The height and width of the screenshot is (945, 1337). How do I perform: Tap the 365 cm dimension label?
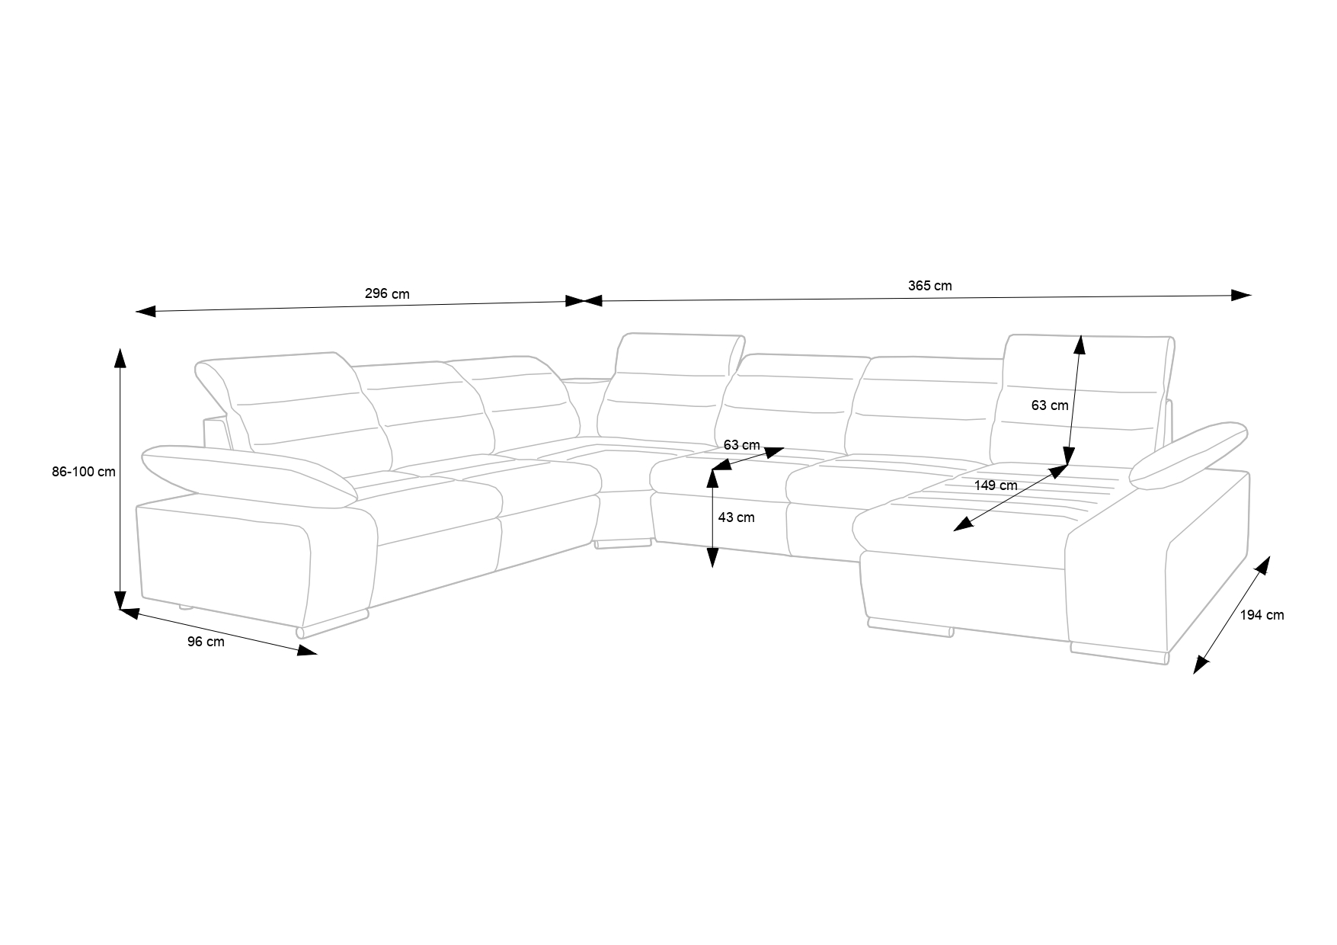pyautogui.click(x=929, y=286)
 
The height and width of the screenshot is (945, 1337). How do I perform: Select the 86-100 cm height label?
pyautogui.click(x=84, y=472)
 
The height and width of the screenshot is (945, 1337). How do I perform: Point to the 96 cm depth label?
pyautogui.click(x=206, y=642)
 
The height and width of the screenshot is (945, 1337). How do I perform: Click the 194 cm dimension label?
pyautogui.click(x=1262, y=615)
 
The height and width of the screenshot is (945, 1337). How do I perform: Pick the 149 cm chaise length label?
pyautogui.click(x=996, y=485)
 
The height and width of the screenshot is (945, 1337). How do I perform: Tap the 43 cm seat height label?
pyautogui.click(x=736, y=517)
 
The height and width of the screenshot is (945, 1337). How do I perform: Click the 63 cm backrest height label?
pyautogui.click(x=1050, y=405)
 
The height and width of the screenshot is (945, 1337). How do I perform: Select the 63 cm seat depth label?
pyautogui.click(x=741, y=444)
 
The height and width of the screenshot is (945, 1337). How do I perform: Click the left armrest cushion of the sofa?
pyautogui.click(x=248, y=475)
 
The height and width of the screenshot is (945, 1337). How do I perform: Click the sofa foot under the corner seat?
pyautogui.click(x=623, y=543)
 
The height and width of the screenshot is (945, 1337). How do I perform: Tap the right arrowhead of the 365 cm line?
pyautogui.click(x=1242, y=295)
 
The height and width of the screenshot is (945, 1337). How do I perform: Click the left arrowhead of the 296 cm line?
pyautogui.click(x=145, y=311)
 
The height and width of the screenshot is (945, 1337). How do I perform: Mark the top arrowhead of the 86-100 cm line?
pyautogui.click(x=120, y=358)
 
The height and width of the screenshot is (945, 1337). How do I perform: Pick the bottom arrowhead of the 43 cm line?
pyautogui.click(x=712, y=558)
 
